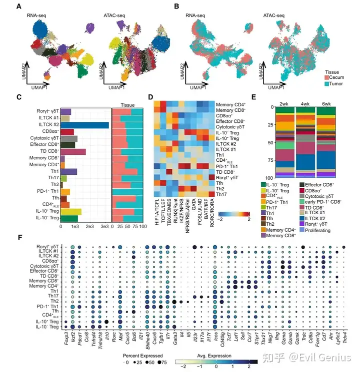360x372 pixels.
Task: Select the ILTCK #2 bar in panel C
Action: click(84, 125)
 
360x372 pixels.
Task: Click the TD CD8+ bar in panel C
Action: click(73, 152)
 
